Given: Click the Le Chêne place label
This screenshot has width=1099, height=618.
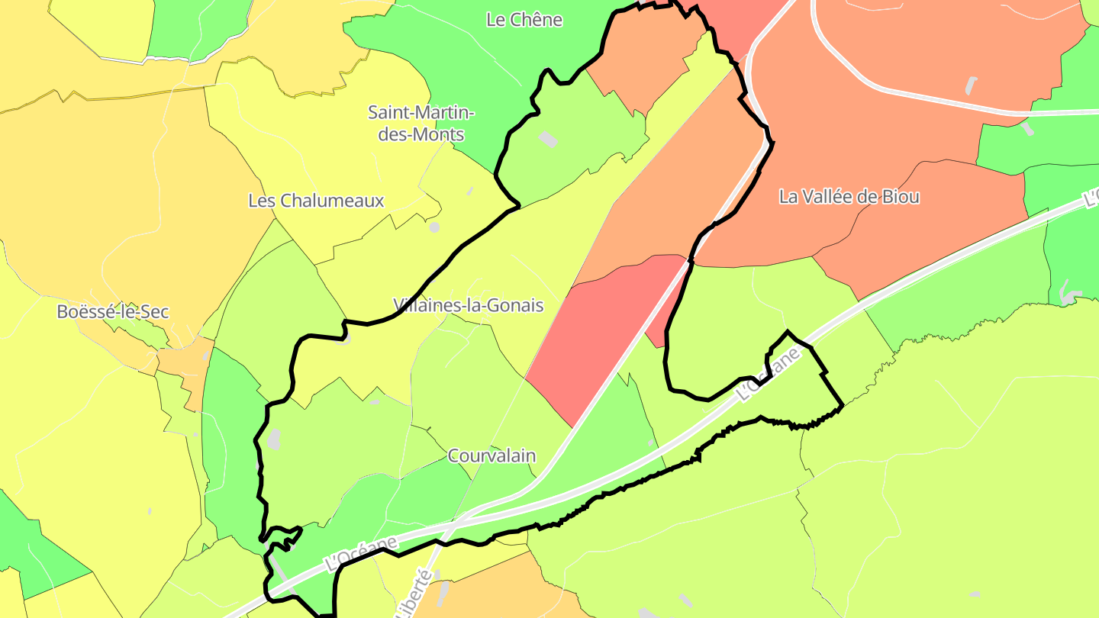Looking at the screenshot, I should pos(524,20).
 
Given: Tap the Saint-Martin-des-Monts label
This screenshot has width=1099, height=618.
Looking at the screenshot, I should pos(421,123).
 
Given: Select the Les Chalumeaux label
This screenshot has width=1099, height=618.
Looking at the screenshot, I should pos(316,201).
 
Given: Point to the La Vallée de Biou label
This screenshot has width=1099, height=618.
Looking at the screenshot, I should pos(849,197).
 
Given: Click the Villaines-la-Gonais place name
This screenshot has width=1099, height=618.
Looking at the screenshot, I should pos(469,306).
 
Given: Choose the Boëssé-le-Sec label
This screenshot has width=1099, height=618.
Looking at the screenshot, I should pos(113,312).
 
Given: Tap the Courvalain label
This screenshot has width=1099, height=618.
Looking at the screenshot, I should pos(491,456).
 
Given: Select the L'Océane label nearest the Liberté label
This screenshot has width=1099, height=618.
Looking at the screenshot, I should pos(362,554).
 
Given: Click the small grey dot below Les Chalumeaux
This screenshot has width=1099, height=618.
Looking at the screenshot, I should pos(434,227).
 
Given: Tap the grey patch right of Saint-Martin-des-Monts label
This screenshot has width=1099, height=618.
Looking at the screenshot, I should pos(548,139).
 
